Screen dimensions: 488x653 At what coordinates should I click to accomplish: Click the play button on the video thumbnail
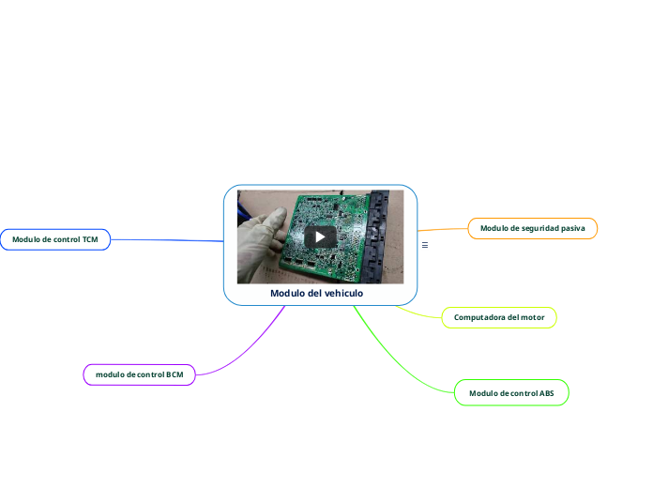click(320, 236)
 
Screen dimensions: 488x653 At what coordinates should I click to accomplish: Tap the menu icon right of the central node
click(425, 245)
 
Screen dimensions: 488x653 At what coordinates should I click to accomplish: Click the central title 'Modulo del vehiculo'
click(316, 294)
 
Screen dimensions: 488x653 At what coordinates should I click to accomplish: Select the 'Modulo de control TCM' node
click(55, 239)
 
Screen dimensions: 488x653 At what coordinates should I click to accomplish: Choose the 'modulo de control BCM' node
click(140, 374)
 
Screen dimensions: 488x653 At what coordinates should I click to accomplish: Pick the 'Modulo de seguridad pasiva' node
click(532, 228)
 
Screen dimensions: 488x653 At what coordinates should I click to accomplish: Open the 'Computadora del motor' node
click(499, 317)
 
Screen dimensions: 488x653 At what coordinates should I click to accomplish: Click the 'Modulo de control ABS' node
click(511, 393)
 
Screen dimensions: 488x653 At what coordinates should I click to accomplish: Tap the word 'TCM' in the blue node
click(90, 239)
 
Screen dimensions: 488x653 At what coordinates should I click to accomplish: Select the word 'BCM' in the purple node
click(175, 374)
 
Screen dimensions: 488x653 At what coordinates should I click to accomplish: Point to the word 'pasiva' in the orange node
click(572, 228)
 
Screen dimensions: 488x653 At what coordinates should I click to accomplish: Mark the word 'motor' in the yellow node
click(532, 317)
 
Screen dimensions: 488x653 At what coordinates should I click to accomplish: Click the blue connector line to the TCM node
click(169, 240)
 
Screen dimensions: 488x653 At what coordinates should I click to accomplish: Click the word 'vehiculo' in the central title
click(342, 294)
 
